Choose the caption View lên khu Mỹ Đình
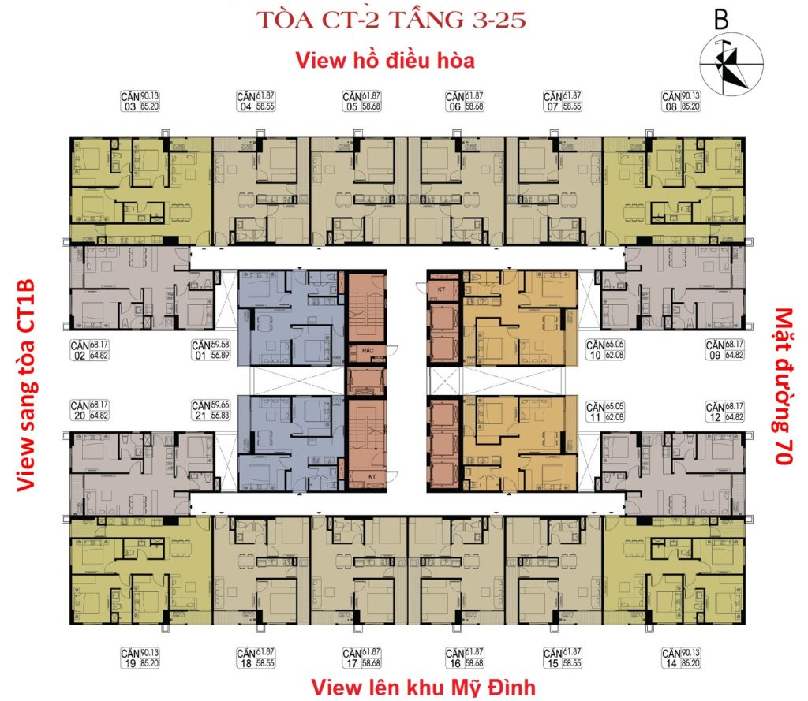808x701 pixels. click(x=423, y=687)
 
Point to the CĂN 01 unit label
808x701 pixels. click(x=211, y=350)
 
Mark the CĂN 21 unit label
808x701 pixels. click(x=211, y=411)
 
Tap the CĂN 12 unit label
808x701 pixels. click(x=724, y=411)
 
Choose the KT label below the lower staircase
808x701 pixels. click(x=367, y=478)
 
